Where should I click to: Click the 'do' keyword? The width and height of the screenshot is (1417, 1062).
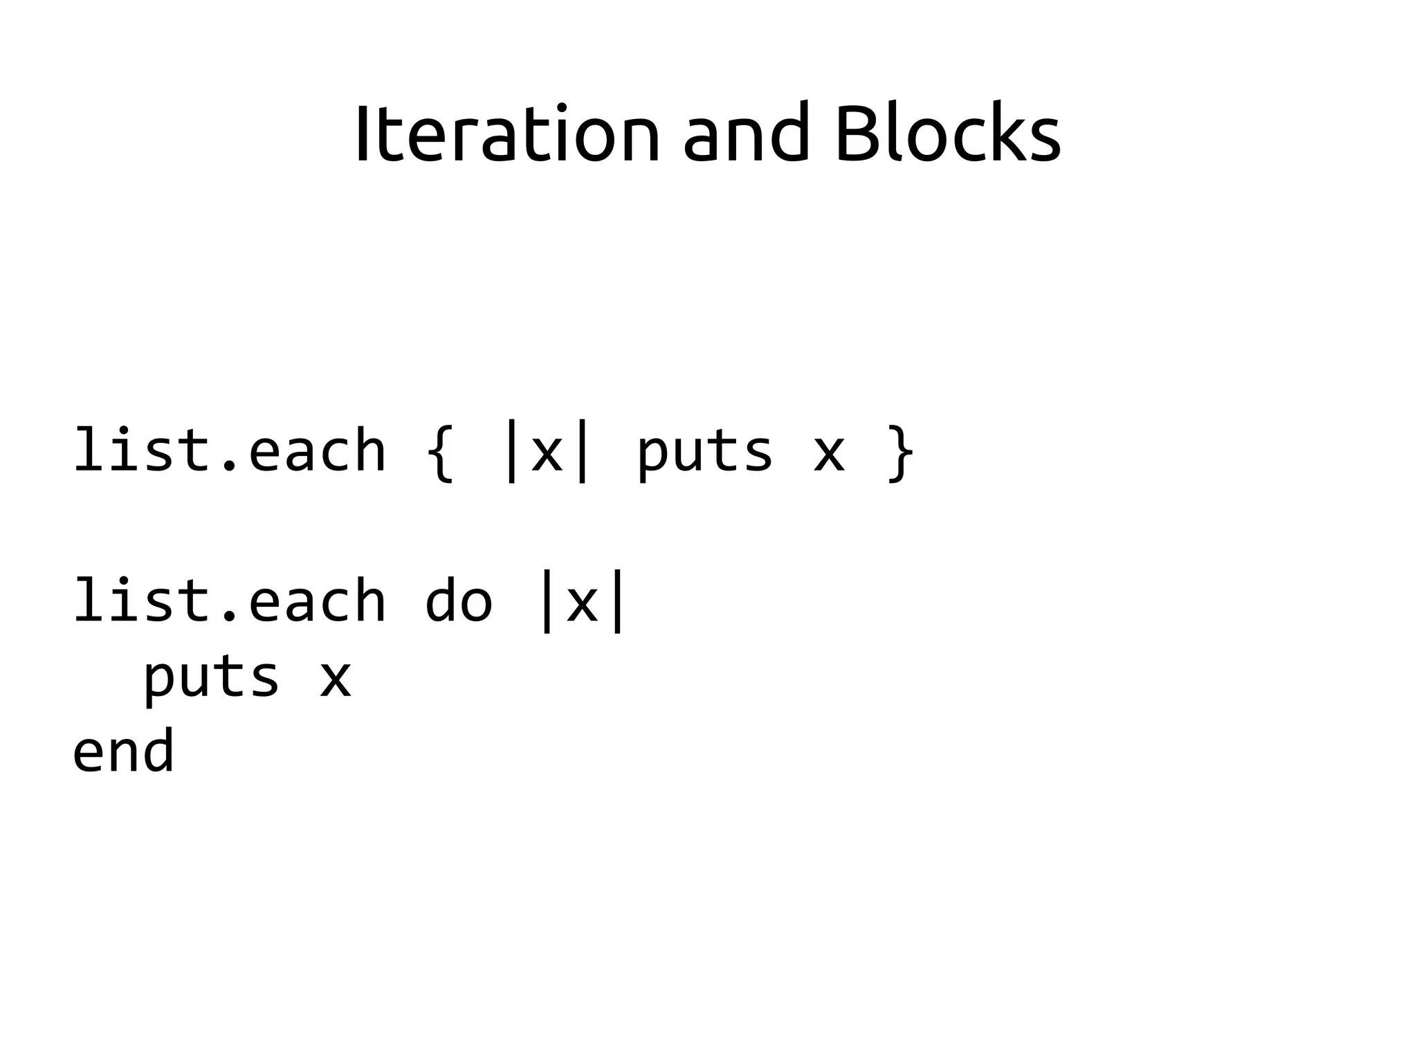(458, 601)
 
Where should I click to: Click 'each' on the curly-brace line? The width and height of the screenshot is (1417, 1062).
(317, 452)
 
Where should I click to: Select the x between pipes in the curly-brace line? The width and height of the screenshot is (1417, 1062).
(547, 453)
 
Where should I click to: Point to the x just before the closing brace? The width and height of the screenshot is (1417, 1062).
(829, 453)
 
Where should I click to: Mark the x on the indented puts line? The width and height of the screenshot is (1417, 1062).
(336, 678)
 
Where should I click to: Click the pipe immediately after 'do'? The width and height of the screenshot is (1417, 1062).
(547, 601)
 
